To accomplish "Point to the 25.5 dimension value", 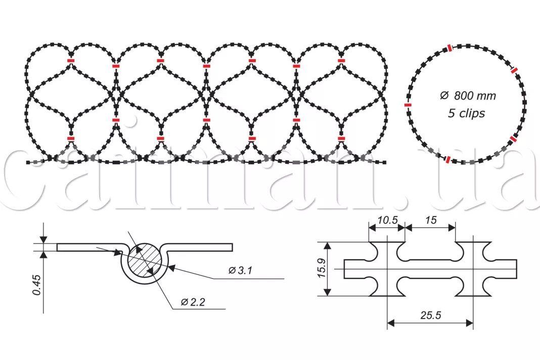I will point(430,315).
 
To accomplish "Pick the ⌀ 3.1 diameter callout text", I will point(240,271).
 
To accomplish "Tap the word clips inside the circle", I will point(472,113).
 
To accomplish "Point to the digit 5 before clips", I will point(451,113).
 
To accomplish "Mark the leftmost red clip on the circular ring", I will point(408,105).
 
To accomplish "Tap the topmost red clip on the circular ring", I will point(449,48).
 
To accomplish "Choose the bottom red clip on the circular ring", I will point(448,159).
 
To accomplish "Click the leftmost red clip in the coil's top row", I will point(71,61).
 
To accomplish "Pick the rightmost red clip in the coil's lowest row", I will point(342,138).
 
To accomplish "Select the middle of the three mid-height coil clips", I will point(206,120).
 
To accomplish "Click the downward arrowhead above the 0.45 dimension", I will point(44,240).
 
